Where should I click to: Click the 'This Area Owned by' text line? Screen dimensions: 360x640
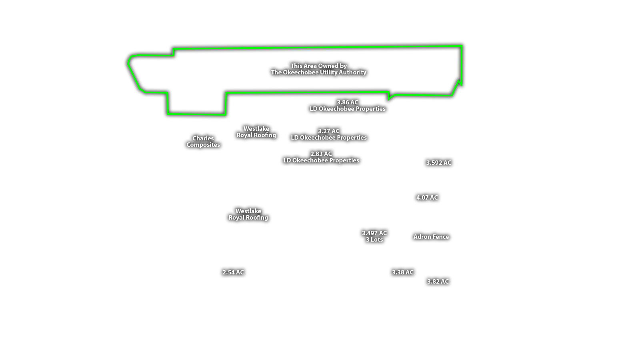(x=318, y=66)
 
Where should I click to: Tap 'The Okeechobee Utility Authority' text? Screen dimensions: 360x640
(x=318, y=72)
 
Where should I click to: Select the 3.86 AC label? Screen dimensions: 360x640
(x=347, y=102)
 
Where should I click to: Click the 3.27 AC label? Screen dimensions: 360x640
(x=328, y=131)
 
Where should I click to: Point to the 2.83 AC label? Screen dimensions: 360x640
(x=321, y=154)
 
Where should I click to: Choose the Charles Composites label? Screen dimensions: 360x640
(x=203, y=142)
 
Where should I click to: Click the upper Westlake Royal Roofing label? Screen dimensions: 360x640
(x=256, y=132)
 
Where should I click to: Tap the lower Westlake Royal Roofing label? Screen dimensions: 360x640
(x=248, y=214)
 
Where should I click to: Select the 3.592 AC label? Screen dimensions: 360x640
(x=438, y=163)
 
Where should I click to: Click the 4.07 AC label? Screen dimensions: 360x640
(x=427, y=198)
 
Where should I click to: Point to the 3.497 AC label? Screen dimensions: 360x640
(x=374, y=233)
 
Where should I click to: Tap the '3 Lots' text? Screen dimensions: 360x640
(x=374, y=240)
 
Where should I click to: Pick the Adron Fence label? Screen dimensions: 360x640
(x=431, y=237)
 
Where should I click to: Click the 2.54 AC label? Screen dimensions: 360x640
(x=233, y=272)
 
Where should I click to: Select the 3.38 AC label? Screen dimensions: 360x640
(x=402, y=272)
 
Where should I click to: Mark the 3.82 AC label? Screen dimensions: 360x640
(x=438, y=282)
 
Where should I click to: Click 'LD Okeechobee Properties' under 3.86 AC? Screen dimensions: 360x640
(x=347, y=109)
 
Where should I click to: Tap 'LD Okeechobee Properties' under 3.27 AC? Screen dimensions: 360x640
(x=328, y=138)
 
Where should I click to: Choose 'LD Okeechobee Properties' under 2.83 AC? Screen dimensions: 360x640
(x=321, y=160)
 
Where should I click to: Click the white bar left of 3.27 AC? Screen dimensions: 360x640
(x=304, y=130)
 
